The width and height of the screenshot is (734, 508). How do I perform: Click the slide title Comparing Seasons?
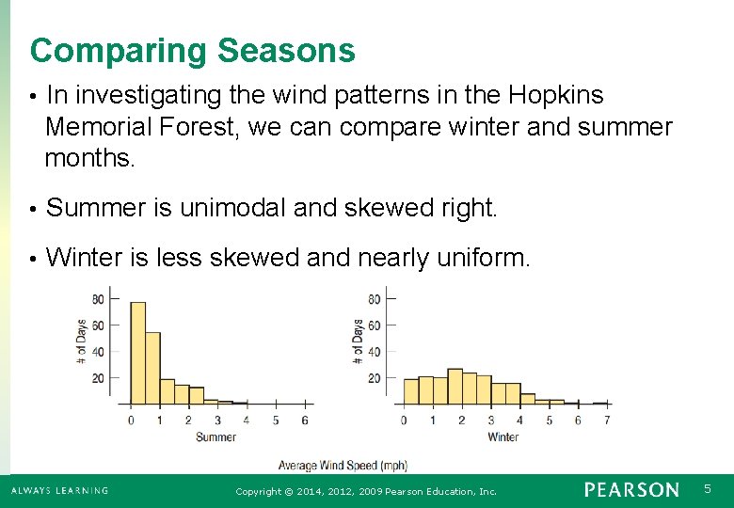point(192,51)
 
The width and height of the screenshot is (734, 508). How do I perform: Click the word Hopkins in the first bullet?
point(555,96)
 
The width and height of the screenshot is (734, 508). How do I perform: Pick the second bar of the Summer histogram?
point(152,367)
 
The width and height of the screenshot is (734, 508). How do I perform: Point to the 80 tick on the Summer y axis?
point(98,300)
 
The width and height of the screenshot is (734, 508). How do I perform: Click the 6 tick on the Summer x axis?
point(304,421)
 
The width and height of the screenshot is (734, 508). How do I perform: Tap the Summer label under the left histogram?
point(215,437)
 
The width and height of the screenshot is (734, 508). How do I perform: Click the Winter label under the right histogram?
point(503,437)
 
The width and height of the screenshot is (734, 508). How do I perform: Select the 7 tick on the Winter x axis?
point(607,421)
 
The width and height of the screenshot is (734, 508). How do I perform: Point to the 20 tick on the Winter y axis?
point(374,378)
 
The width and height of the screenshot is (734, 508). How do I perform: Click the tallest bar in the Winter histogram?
point(455,386)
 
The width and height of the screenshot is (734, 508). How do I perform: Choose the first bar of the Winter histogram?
point(410,390)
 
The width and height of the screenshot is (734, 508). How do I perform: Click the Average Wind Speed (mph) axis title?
point(343,466)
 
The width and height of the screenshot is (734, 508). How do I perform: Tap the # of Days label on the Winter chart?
point(359,341)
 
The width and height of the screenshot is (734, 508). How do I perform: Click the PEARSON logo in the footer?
point(630,490)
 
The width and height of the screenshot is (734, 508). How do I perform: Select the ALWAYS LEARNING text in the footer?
point(59,490)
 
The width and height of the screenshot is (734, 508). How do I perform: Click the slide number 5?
point(709,489)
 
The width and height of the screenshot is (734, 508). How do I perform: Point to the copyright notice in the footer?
point(366,491)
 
